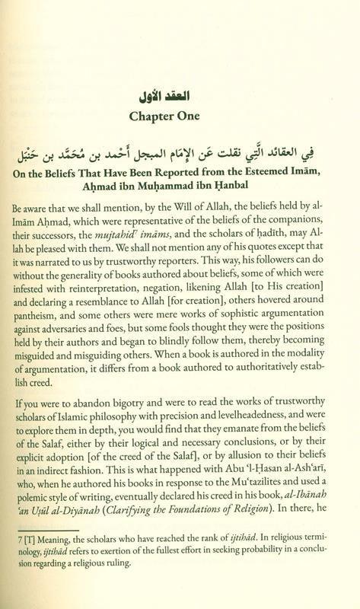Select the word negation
pyautogui.click(x=167, y=301)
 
